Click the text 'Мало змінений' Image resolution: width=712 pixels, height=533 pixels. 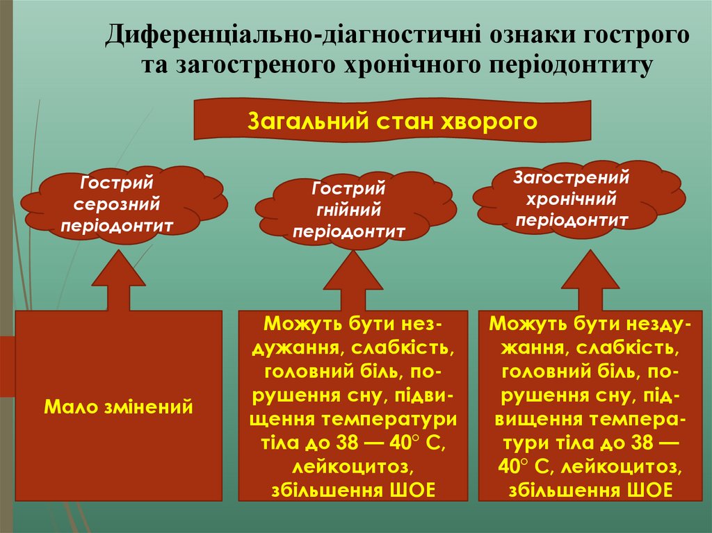118,407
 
